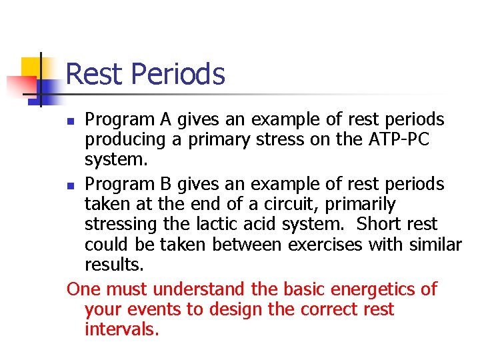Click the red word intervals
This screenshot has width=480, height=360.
[x=122, y=329]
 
